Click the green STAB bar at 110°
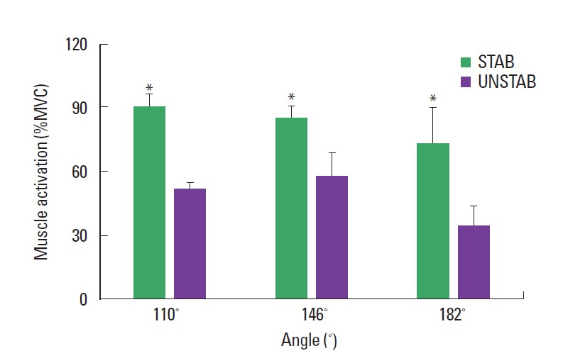(149, 203)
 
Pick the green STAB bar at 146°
(291, 208)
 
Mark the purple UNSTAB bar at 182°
(474, 262)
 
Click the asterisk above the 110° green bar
(149, 89)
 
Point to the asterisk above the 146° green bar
(291, 98)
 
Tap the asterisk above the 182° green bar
(432, 99)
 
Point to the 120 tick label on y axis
(77, 44)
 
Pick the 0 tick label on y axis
(84, 299)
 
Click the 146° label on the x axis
(313, 315)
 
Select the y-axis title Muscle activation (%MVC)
(43, 172)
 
